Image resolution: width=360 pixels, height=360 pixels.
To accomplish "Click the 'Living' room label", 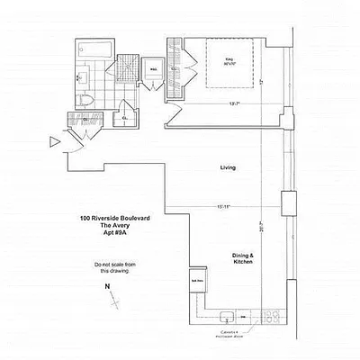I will (228, 168).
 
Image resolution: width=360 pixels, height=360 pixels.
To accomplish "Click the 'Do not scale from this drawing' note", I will (114, 267).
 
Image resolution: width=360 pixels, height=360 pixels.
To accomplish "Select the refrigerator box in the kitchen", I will (196, 279).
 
